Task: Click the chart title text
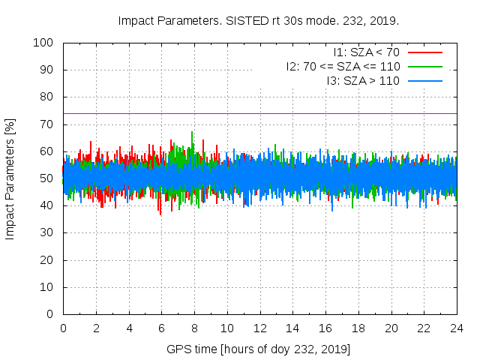[x=259, y=20]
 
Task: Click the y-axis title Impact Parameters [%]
[x=10, y=178]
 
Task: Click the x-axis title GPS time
[x=259, y=349]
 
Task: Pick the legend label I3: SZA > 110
[x=363, y=81]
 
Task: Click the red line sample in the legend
[x=424, y=52]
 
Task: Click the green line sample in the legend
[x=424, y=67]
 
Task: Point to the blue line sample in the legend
[x=424, y=81]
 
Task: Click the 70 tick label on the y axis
[x=47, y=124]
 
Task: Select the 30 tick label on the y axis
[x=47, y=233]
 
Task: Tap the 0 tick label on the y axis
[x=51, y=314]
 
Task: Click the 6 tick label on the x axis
[x=161, y=328]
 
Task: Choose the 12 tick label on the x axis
[x=259, y=328]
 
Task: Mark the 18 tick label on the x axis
[x=358, y=328]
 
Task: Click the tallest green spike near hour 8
[x=192, y=133]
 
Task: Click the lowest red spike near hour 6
[x=160, y=214]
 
